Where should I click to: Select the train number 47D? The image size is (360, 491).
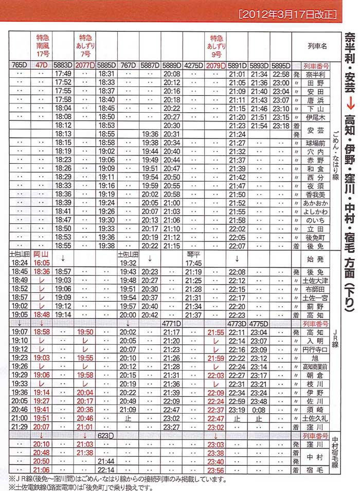tap(41, 66)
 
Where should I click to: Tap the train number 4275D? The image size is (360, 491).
tap(193, 66)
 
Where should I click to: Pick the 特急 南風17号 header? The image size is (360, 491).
tap(42, 46)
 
